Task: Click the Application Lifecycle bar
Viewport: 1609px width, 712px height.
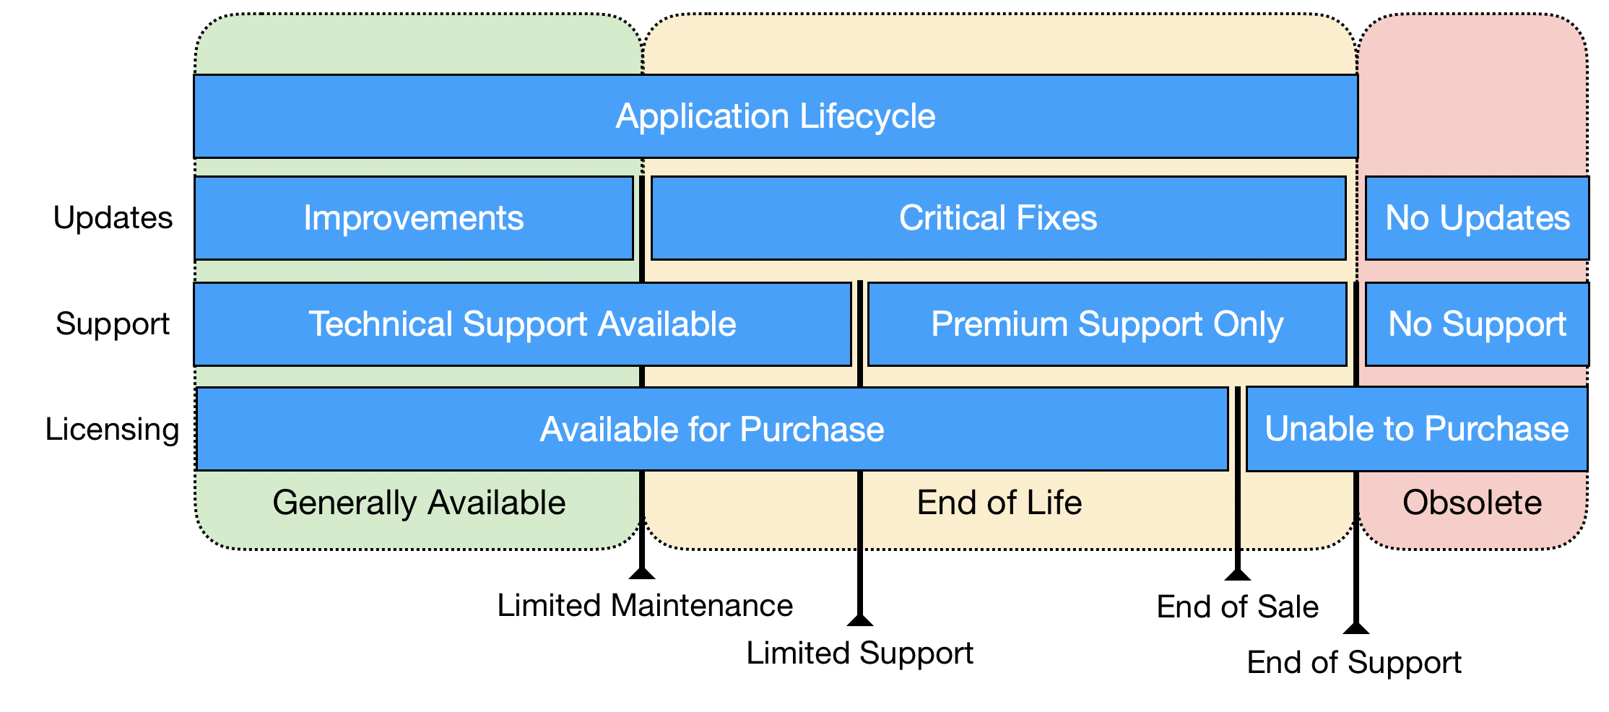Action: (x=776, y=116)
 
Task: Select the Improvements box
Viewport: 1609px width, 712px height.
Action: (x=414, y=218)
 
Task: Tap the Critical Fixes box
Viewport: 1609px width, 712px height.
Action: (x=998, y=218)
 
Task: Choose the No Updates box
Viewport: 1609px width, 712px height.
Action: (x=1477, y=218)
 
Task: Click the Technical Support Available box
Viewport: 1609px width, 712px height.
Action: (x=522, y=324)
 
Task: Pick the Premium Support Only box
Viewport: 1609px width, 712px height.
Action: (x=1107, y=324)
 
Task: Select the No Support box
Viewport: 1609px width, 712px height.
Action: (x=1477, y=324)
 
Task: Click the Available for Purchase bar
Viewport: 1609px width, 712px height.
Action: (x=712, y=429)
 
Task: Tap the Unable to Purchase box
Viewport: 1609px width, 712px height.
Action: (x=1417, y=429)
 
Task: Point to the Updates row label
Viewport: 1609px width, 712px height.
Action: (x=113, y=218)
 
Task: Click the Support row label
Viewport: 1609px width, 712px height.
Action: (x=113, y=324)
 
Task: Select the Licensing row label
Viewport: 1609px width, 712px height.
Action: (x=112, y=430)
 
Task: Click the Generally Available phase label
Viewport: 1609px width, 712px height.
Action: (x=419, y=503)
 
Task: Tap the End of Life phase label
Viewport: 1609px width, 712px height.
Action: (x=999, y=503)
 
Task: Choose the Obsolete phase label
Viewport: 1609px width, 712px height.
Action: (x=1473, y=503)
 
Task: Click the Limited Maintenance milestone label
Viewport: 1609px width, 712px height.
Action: (x=645, y=605)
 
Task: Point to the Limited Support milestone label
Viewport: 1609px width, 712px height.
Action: (x=859, y=654)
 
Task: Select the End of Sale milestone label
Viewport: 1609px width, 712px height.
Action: (x=1238, y=607)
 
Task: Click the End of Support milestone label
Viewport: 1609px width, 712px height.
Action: (x=1354, y=662)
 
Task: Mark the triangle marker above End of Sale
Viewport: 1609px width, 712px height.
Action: (x=1238, y=575)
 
